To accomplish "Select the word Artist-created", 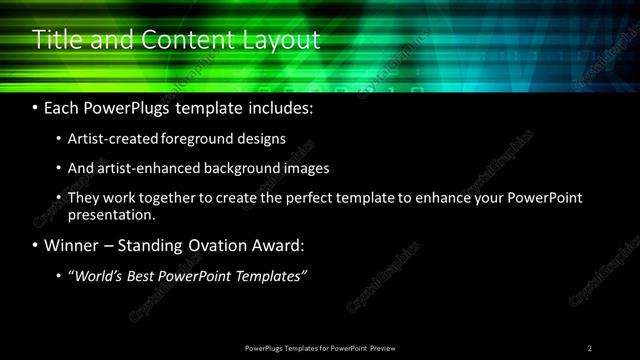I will (x=108, y=138).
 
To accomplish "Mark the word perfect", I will (x=330, y=198).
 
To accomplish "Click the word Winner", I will (x=73, y=245).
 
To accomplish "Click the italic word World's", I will (x=98, y=276).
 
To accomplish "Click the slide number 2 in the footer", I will (x=590, y=348).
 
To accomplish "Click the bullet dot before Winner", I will (x=36, y=245).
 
